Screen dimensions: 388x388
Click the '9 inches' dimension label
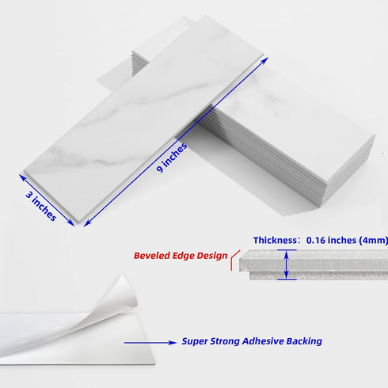point(172,158)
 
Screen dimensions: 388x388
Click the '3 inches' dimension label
point(41,207)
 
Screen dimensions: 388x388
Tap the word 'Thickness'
point(275,240)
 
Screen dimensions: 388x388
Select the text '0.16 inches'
point(331,240)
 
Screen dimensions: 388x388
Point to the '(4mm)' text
point(373,241)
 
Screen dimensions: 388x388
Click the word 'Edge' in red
point(183,256)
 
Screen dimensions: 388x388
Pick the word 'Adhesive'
point(263,341)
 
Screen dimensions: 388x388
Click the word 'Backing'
point(304,341)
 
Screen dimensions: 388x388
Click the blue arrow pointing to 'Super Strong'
point(150,343)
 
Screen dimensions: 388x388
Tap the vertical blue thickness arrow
point(287,264)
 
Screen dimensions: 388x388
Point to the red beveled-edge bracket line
point(234,259)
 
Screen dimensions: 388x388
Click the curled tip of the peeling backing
point(122,276)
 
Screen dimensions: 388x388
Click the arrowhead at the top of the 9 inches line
point(264,60)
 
